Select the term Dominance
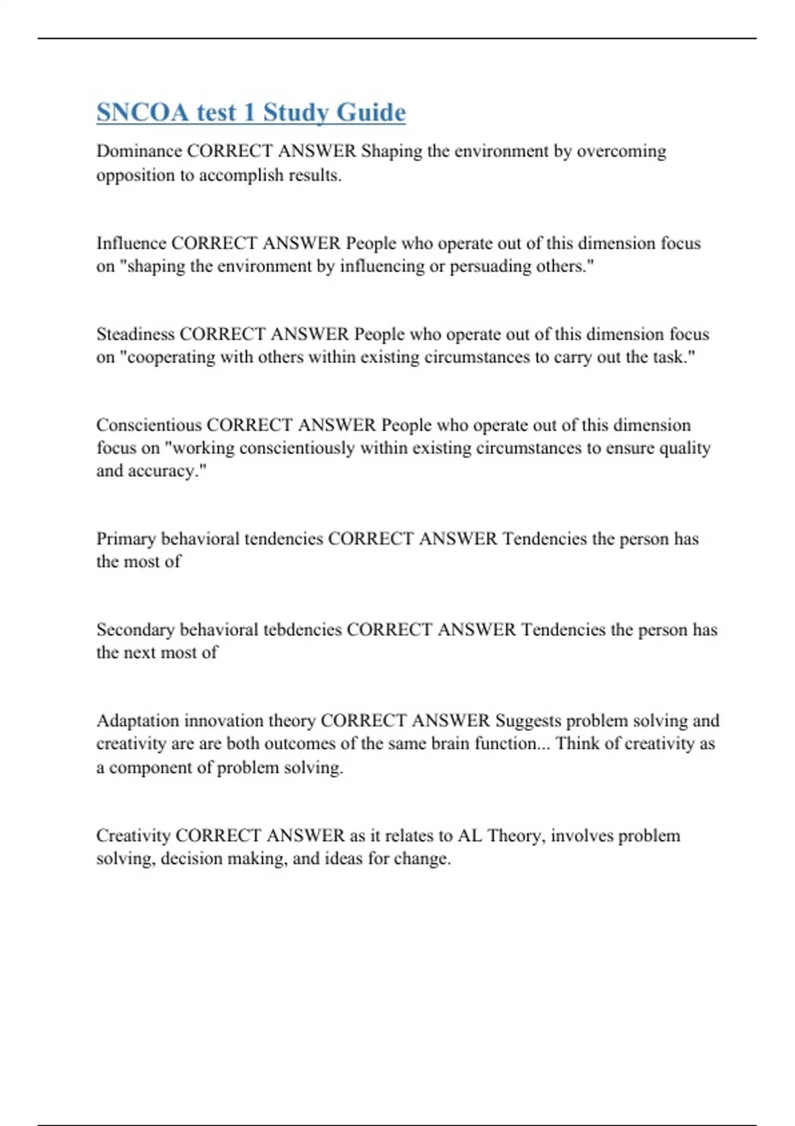pyautogui.click(x=139, y=151)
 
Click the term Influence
pyautogui.click(x=131, y=243)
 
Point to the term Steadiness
pyautogui.click(x=135, y=334)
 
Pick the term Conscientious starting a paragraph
pyautogui.click(x=149, y=425)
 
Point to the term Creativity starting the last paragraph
pyautogui.click(x=133, y=835)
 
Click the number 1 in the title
pyautogui.click(x=249, y=113)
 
